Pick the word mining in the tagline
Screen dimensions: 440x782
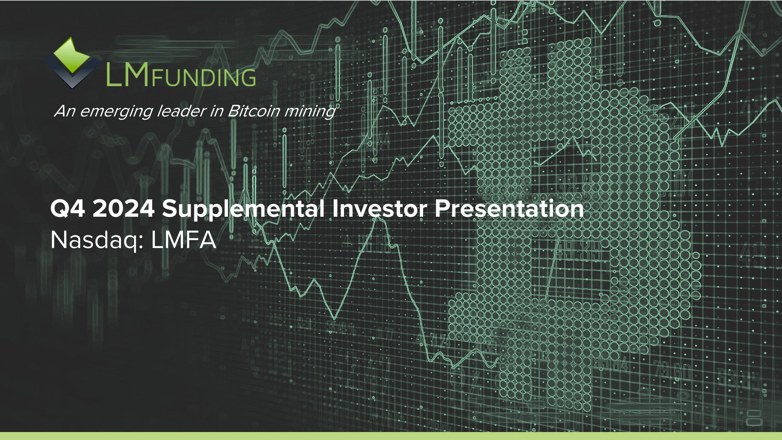click(x=310, y=112)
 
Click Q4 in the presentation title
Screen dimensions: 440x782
click(x=68, y=209)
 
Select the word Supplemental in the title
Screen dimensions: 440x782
click(x=243, y=209)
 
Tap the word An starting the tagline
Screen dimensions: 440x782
click(x=65, y=111)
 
